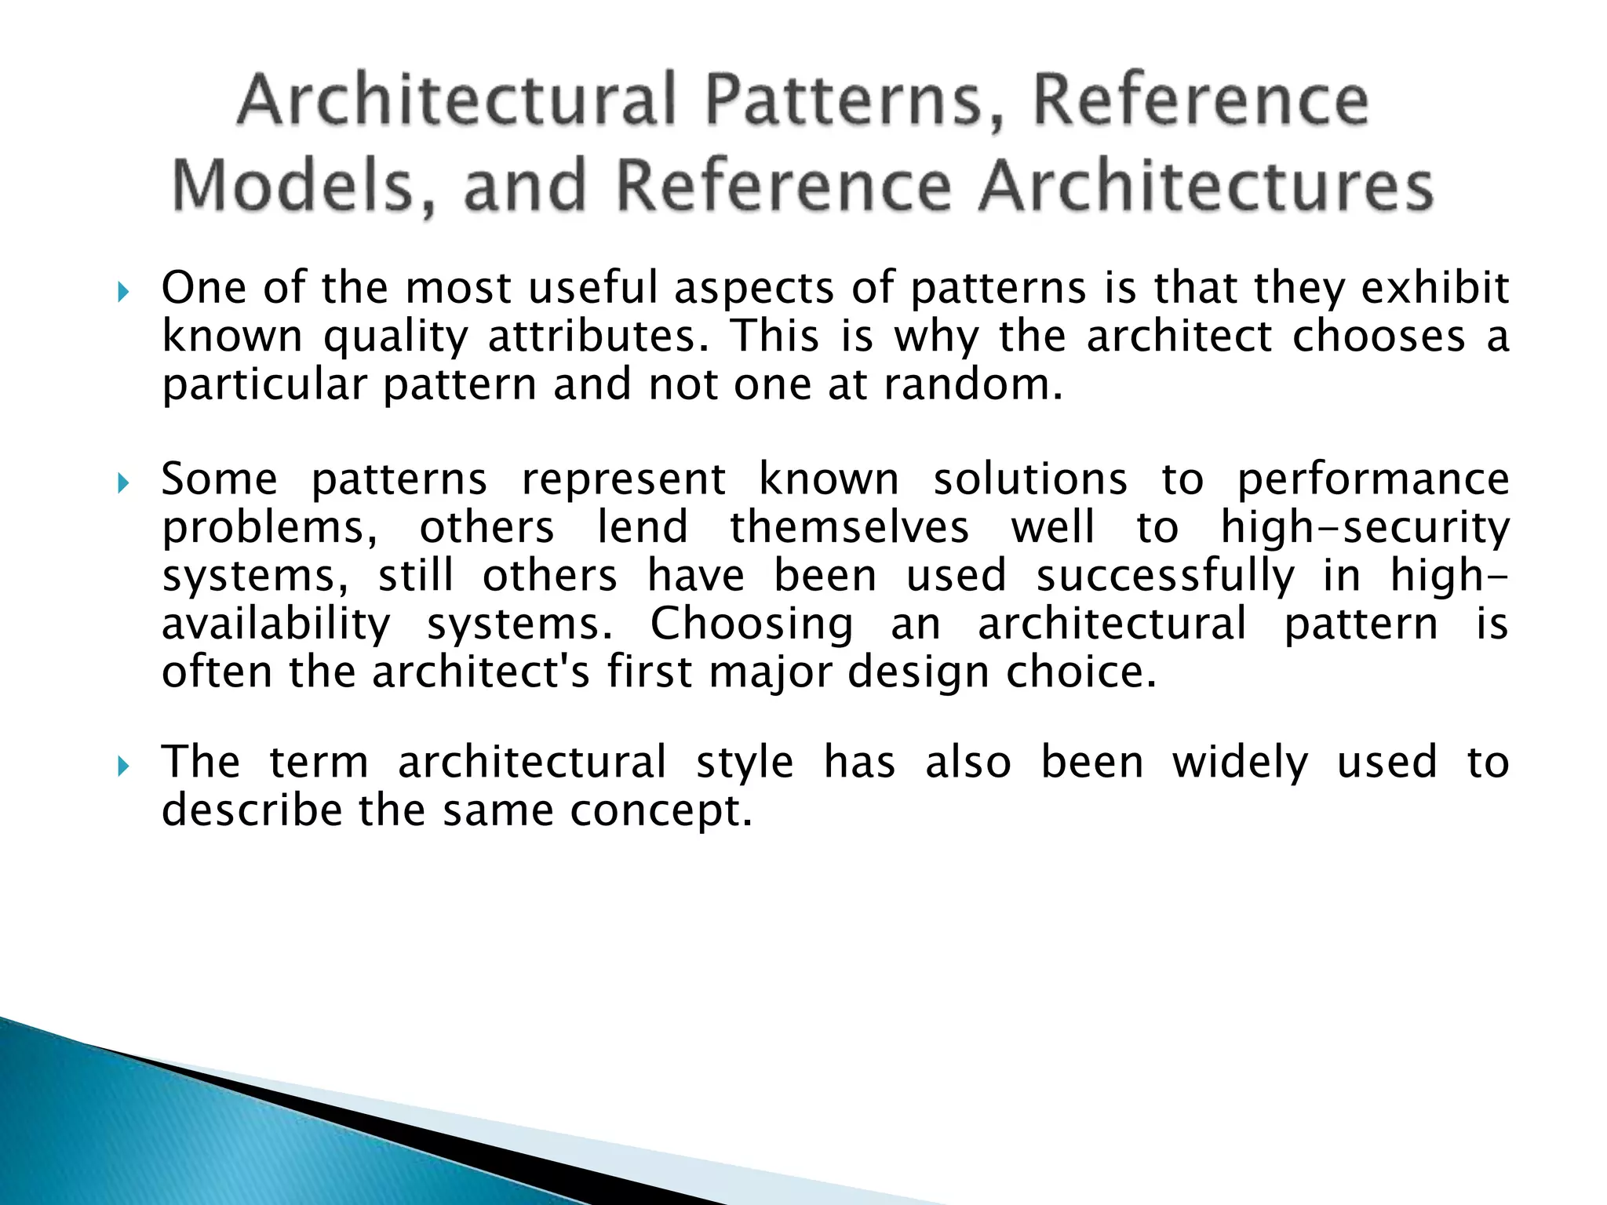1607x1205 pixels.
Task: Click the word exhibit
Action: click(1434, 288)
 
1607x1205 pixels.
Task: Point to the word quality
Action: click(395, 337)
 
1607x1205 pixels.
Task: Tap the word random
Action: click(973, 384)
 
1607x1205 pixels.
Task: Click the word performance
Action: click(1373, 480)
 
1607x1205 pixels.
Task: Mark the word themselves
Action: click(849, 527)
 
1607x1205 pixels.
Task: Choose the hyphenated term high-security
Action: click(1365, 527)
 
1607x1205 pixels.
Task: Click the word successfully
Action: click(1165, 577)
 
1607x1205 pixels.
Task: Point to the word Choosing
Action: click(752, 625)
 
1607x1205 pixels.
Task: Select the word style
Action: click(745, 763)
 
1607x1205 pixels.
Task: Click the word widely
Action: click(1241, 763)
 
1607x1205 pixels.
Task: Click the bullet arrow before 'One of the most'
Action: click(122, 293)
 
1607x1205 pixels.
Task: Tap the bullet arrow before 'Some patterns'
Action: click(122, 483)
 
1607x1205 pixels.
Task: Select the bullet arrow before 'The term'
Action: click(122, 766)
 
